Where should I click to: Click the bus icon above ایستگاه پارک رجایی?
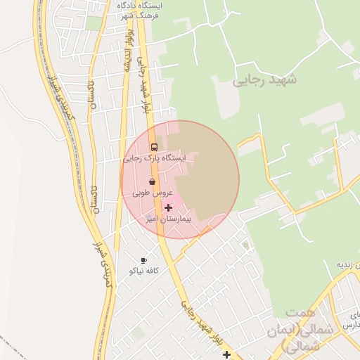[x=154, y=147]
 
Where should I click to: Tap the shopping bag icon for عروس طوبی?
[x=152, y=181]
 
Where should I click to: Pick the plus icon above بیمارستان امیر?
[x=168, y=207]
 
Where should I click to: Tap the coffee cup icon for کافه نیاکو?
[x=143, y=260]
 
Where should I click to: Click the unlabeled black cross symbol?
[x=226, y=354]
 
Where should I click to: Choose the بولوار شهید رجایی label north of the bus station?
[x=145, y=88]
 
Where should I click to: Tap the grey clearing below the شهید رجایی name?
[x=227, y=105]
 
